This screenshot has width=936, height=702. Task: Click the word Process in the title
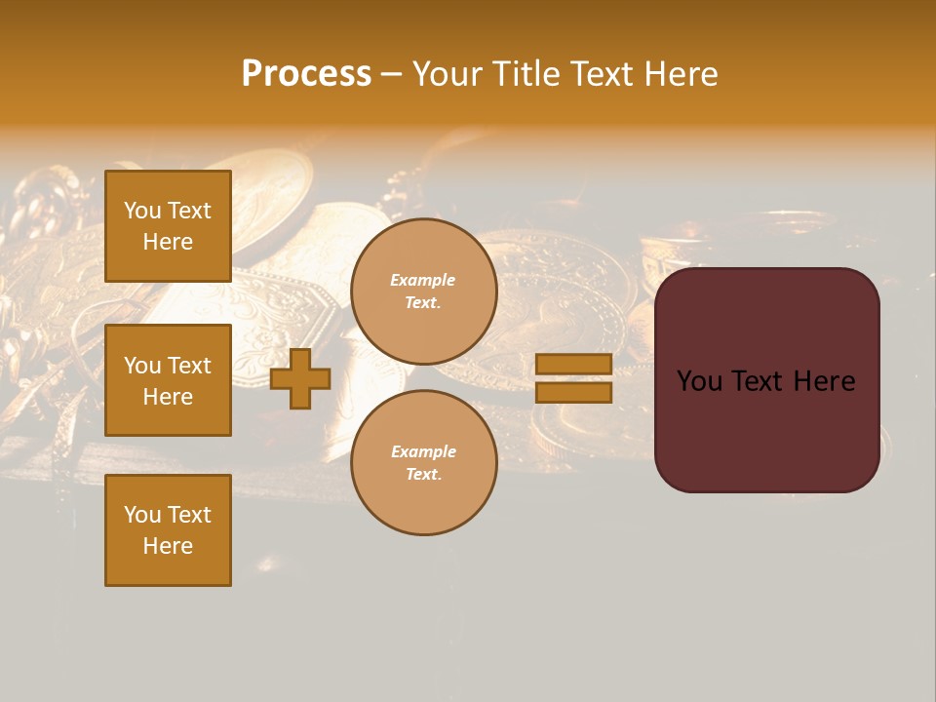tap(306, 73)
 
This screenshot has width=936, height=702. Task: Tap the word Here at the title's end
tap(680, 73)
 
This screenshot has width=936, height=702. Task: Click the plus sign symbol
tap(300, 378)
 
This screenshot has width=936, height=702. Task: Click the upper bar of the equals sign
tap(574, 364)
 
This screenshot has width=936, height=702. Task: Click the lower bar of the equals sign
tap(574, 392)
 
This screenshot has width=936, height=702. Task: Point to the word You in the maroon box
tap(699, 381)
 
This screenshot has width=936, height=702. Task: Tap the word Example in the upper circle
tap(423, 280)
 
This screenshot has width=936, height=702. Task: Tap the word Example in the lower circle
tap(423, 451)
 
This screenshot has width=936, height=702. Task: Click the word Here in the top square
tap(168, 242)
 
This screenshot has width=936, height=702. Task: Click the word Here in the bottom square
tap(168, 546)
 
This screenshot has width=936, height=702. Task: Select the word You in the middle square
tap(142, 366)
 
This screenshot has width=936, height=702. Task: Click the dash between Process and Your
tap(392, 74)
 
